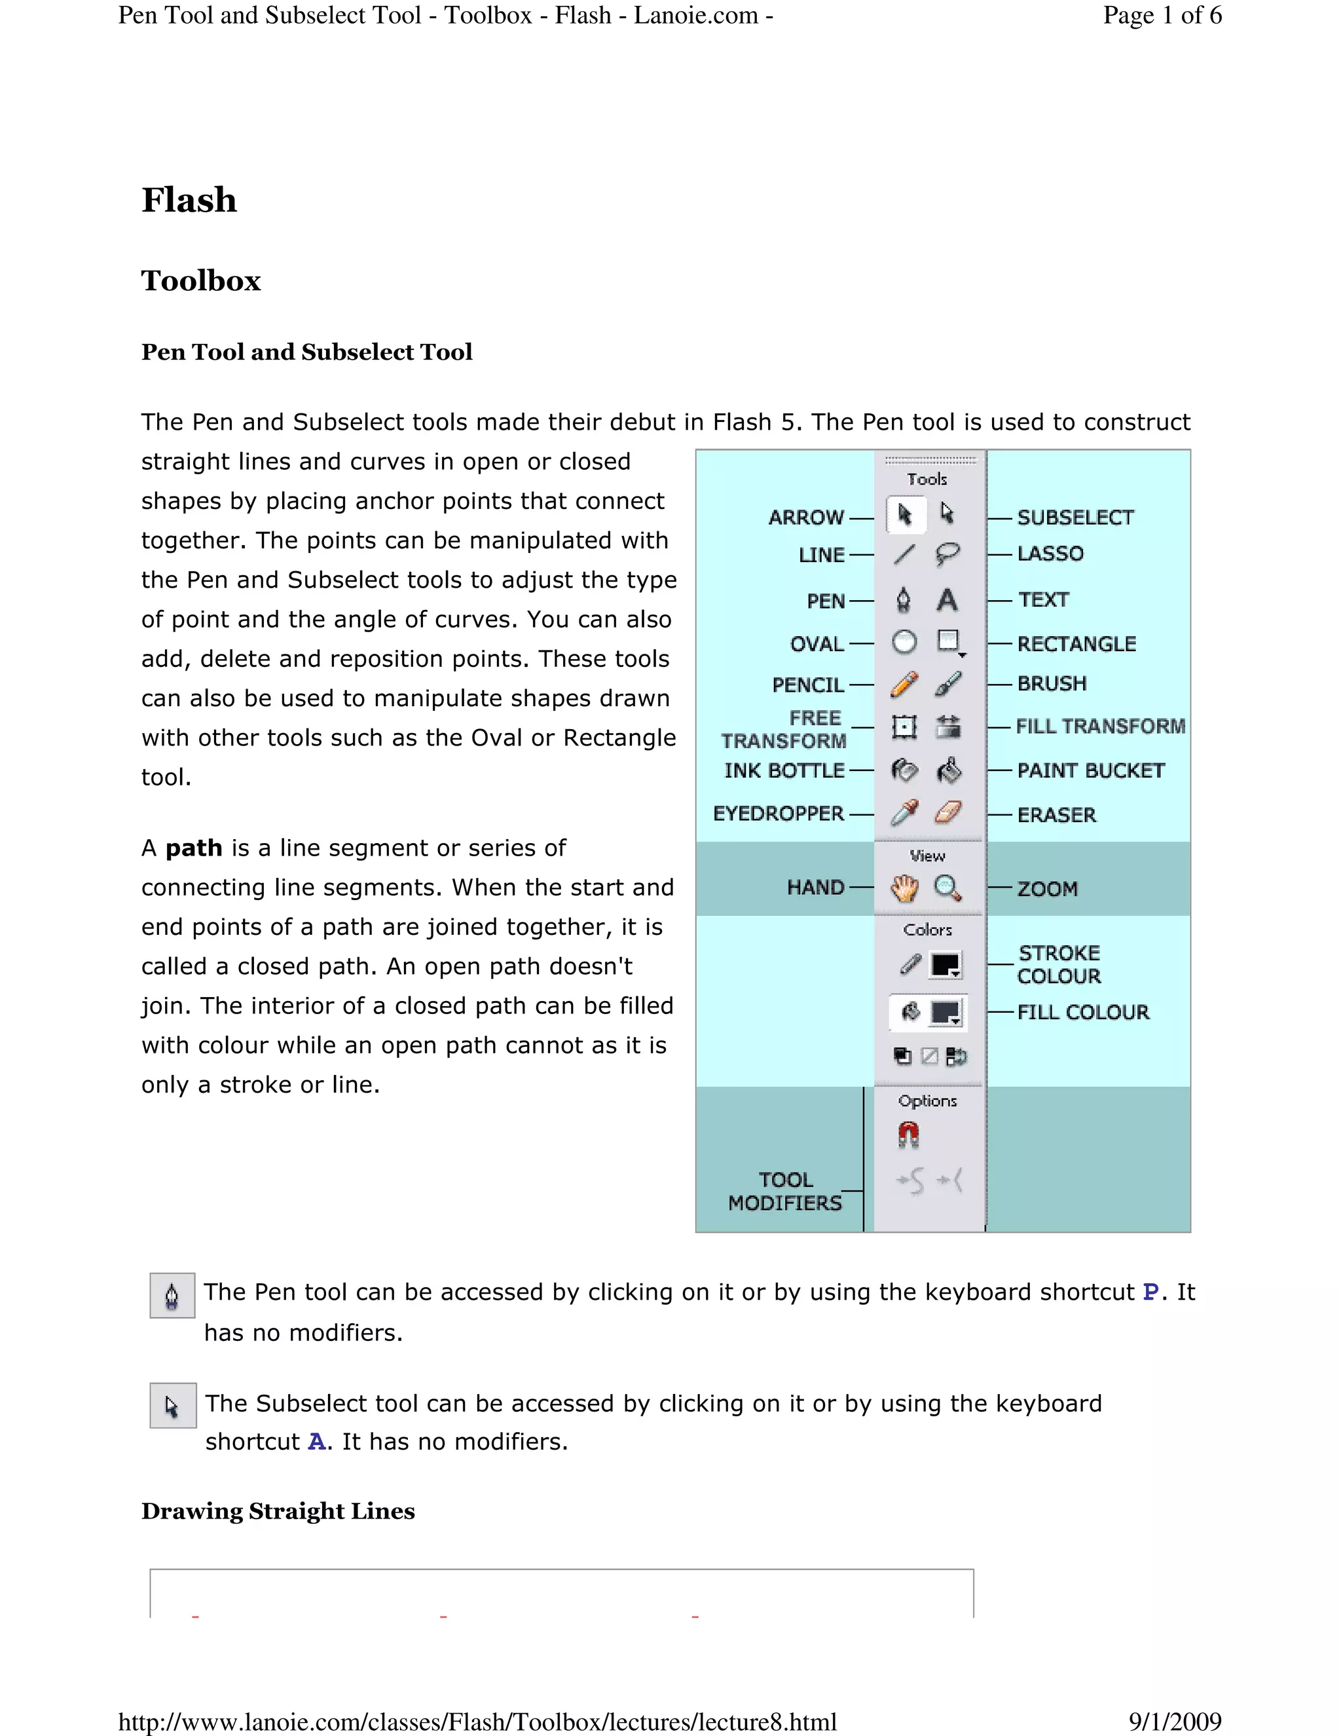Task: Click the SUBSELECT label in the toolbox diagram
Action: (1075, 518)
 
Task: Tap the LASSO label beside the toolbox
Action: (1050, 554)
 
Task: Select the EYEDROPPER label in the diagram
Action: (778, 813)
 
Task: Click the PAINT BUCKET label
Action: (1090, 770)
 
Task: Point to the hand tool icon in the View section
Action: (904, 888)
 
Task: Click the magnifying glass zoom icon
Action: (947, 888)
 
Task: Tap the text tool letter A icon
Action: (946, 600)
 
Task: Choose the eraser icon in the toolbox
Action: (947, 812)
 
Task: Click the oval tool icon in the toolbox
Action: (904, 642)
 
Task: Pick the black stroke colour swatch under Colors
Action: (946, 965)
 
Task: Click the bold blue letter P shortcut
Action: (1150, 1293)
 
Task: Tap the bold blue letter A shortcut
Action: (316, 1442)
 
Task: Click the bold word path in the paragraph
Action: (193, 848)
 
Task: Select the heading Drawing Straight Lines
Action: (278, 1511)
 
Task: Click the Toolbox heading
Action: (201, 280)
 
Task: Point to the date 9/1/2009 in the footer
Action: (1174, 1722)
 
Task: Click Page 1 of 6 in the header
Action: (1162, 15)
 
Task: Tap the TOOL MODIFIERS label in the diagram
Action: (785, 1192)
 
